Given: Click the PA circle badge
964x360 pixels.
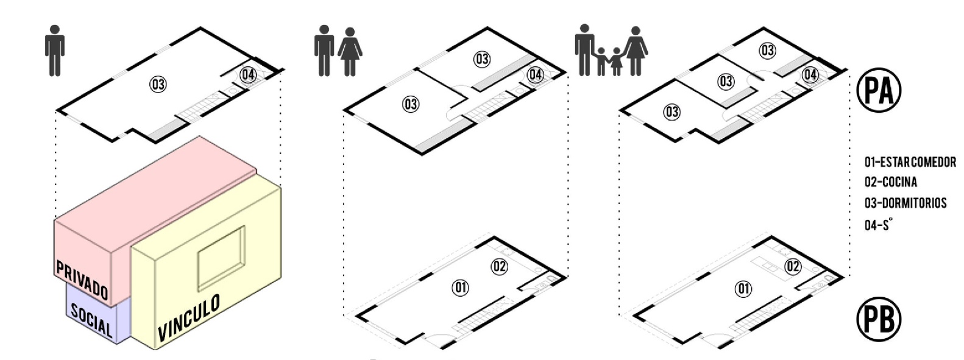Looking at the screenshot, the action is coord(879,90).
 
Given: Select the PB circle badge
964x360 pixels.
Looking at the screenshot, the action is coord(879,319).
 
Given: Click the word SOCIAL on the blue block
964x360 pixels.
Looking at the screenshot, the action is coord(91,320).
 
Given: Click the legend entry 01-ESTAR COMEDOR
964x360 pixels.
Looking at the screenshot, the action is coord(910,162).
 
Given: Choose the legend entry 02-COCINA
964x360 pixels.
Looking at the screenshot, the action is coord(891,182).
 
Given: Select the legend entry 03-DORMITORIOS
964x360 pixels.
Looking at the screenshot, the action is coord(906,203).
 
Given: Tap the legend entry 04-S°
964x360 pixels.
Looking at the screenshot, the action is coord(877,224).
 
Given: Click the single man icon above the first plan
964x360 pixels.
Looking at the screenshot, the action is coord(55,51).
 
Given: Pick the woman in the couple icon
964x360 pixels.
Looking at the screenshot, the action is coord(350,52).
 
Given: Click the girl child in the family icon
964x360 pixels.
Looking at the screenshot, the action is coord(616,62).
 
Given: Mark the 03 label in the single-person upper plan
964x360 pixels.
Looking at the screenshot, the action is coord(158,84).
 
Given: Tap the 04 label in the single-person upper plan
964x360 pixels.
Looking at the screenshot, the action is coord(248,74).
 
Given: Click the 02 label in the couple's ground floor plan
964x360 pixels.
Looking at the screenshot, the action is coord(499,266).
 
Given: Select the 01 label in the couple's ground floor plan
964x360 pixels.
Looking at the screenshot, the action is coord(460,287).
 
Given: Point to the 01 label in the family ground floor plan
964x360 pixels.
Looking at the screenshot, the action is coord(743,289).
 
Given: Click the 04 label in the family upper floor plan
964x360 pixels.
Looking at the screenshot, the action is coord(810,74).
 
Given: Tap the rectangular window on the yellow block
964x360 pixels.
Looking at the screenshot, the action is coord(221,258).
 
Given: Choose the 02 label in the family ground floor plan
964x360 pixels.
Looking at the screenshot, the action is coord(793,266).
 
